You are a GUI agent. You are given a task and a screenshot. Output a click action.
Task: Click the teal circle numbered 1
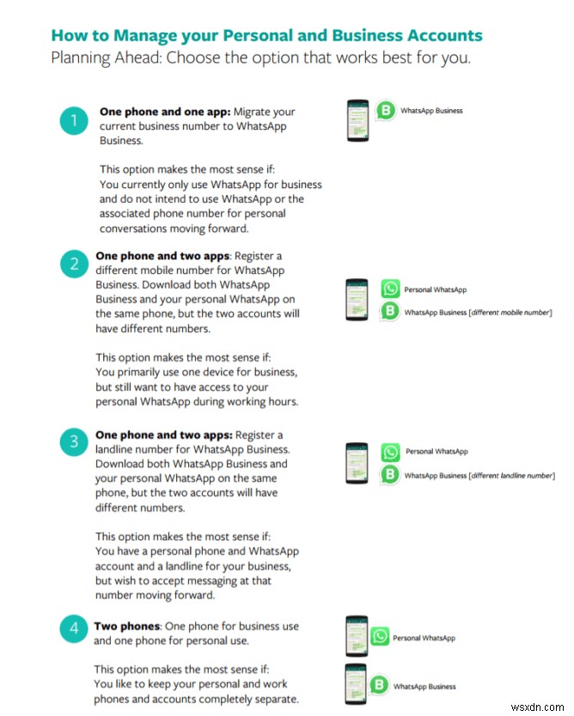point(74,120)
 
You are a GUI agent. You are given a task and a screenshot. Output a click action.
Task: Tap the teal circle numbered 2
point(74,264)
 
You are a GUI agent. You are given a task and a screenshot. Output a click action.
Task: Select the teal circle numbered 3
point(74,443)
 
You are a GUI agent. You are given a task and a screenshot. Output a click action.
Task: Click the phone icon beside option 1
point(357,118)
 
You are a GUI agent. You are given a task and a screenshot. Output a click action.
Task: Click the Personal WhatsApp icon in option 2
point(390,290)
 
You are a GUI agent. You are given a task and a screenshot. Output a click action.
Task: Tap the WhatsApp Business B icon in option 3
point(391,474)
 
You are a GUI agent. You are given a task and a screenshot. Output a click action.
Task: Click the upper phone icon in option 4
point(356,637)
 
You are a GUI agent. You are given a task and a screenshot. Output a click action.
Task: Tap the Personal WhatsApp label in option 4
point(424,638)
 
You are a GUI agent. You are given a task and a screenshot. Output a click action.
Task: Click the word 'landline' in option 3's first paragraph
point(119,449)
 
